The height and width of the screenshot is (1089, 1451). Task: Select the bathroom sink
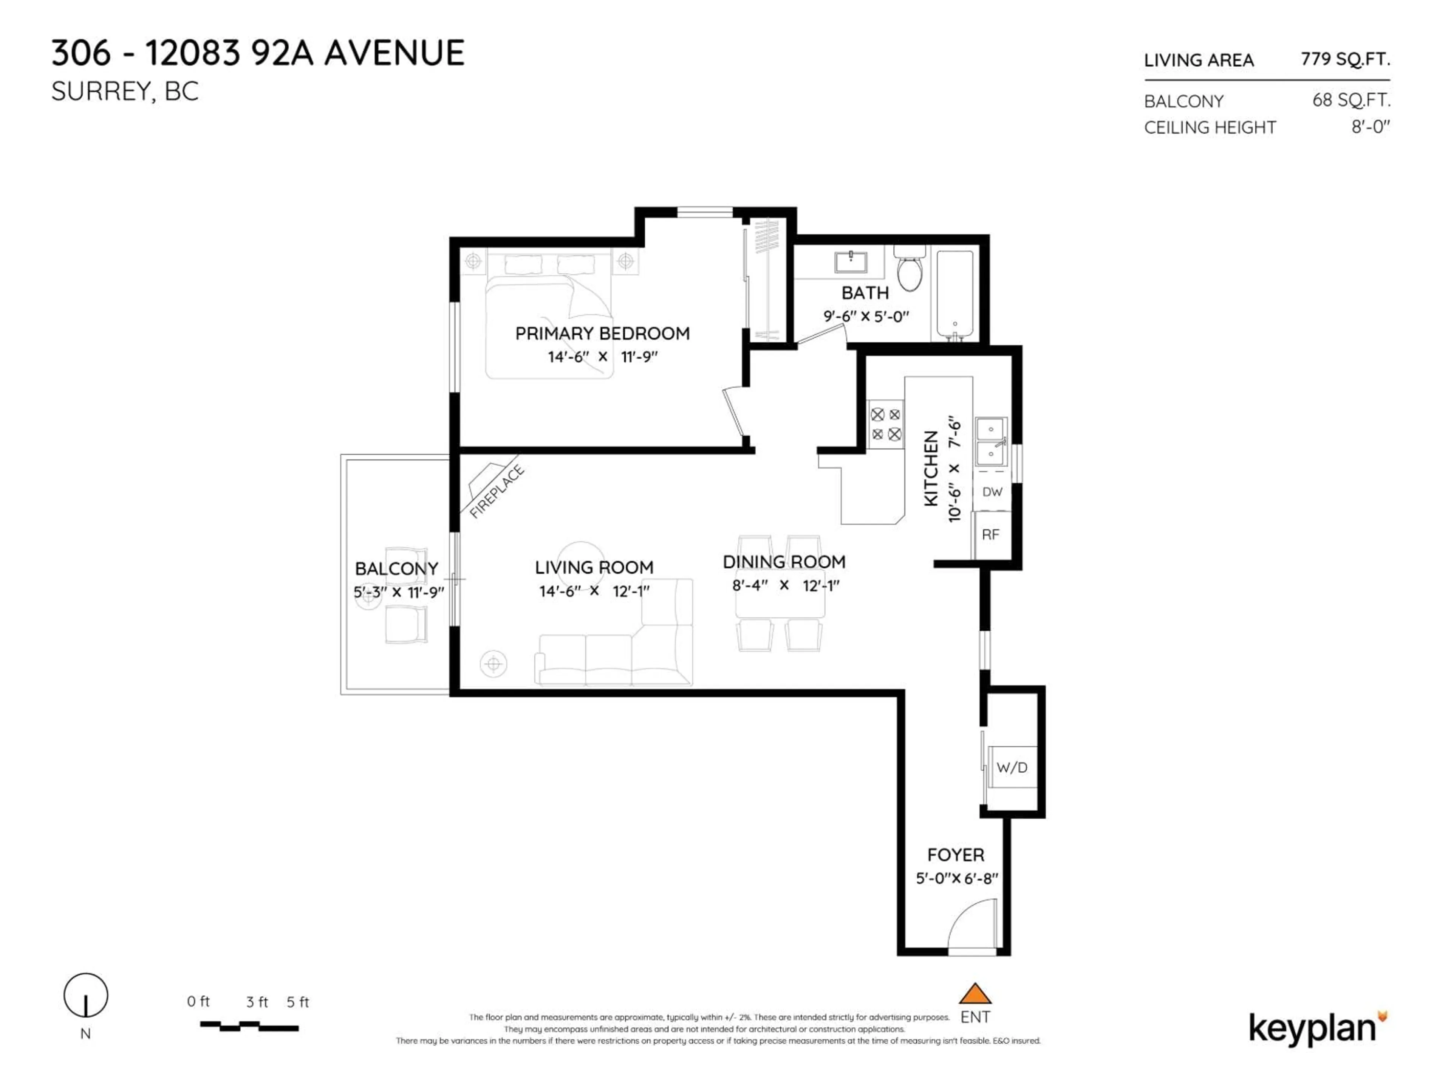click(851, 261)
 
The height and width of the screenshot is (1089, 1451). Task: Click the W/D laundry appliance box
click(1012, 767)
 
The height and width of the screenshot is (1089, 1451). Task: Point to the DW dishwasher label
click(992, 492)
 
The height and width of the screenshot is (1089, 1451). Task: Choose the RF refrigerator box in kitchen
click(990, 535)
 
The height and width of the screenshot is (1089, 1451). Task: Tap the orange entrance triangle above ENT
click(975, 994)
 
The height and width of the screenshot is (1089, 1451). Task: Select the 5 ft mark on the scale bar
click(297, 1002)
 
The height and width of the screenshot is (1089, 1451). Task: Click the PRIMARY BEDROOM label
click(602, 334)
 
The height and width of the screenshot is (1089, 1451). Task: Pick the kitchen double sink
click(990, 441)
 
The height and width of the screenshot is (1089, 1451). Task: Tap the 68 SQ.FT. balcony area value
click(1350, 101)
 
